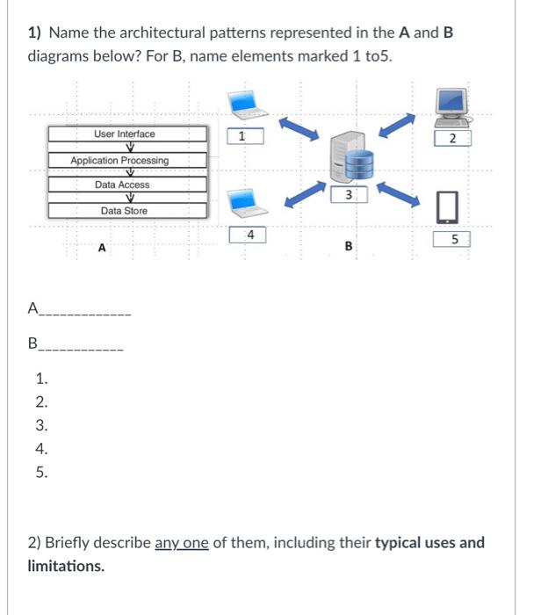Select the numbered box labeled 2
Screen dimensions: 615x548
coord(453,138)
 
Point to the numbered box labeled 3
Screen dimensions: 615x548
coord(349,194)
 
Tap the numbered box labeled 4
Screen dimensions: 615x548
coord(250,235)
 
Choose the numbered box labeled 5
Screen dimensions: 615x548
coord(454,238)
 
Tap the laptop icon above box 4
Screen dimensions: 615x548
coord(247,204)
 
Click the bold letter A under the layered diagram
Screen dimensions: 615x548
coord(102,249)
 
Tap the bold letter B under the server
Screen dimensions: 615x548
coord(349,247)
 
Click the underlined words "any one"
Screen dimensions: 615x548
coord(182,542)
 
